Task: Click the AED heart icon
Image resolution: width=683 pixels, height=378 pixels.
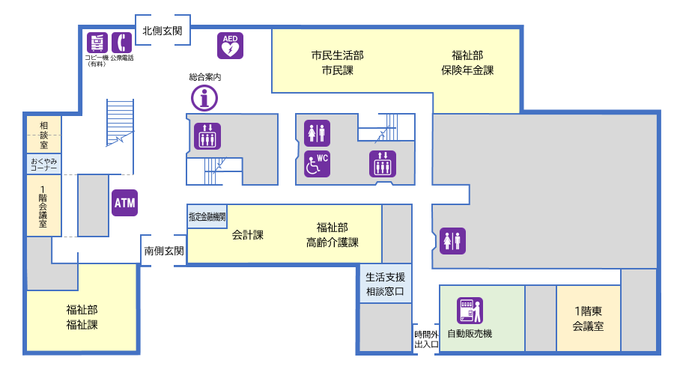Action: pyautogui.click(x=230, y=46)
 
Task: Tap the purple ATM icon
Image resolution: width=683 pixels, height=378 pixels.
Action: pyautogui.click(x=124, y=202)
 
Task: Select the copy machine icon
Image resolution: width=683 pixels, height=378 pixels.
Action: pyautogui.click(x=97, y=43)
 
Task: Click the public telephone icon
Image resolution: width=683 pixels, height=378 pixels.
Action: pyautogui.click(x=121, y=43)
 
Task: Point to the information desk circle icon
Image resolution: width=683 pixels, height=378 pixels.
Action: pyautogui.click(x=204, y=97)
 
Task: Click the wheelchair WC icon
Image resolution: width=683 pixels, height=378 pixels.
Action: pyautogui.click(x=318, y=164)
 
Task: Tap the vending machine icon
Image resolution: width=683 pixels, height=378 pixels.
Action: pyautogui.click(x=470, y=311)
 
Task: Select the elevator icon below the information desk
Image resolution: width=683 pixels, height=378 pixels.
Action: pyautogui.click(x=207, y=135)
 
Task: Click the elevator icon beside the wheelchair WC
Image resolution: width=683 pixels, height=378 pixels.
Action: pyautogui.click(x=383, y=164)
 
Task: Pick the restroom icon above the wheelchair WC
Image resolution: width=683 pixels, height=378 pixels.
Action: pyautogui.click(x=318, y=132)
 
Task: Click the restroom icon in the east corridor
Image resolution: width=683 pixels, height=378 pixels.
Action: pyautogui.click(x=453, y=240)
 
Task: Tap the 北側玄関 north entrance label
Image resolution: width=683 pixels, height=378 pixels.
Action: pyautogui.click(x=163, y=31)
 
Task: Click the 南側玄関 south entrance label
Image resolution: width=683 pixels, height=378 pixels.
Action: pyautogui.click(x=163, y=251)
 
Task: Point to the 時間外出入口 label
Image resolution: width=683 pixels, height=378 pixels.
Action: pyautogui.click(x=426, y=339)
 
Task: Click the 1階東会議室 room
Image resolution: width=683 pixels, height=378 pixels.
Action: pyautogui.click(x=588, y=319)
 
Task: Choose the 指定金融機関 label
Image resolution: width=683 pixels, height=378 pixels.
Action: pyautogui.click(x=207, y=216)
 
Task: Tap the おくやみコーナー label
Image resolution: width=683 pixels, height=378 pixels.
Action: pyautogui.click(x=43, y=164)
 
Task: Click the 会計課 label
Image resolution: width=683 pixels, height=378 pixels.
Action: pyautogui.click(x=247, y=235)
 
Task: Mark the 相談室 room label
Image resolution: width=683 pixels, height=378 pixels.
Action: pyautogui.click(x=43, y=135)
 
